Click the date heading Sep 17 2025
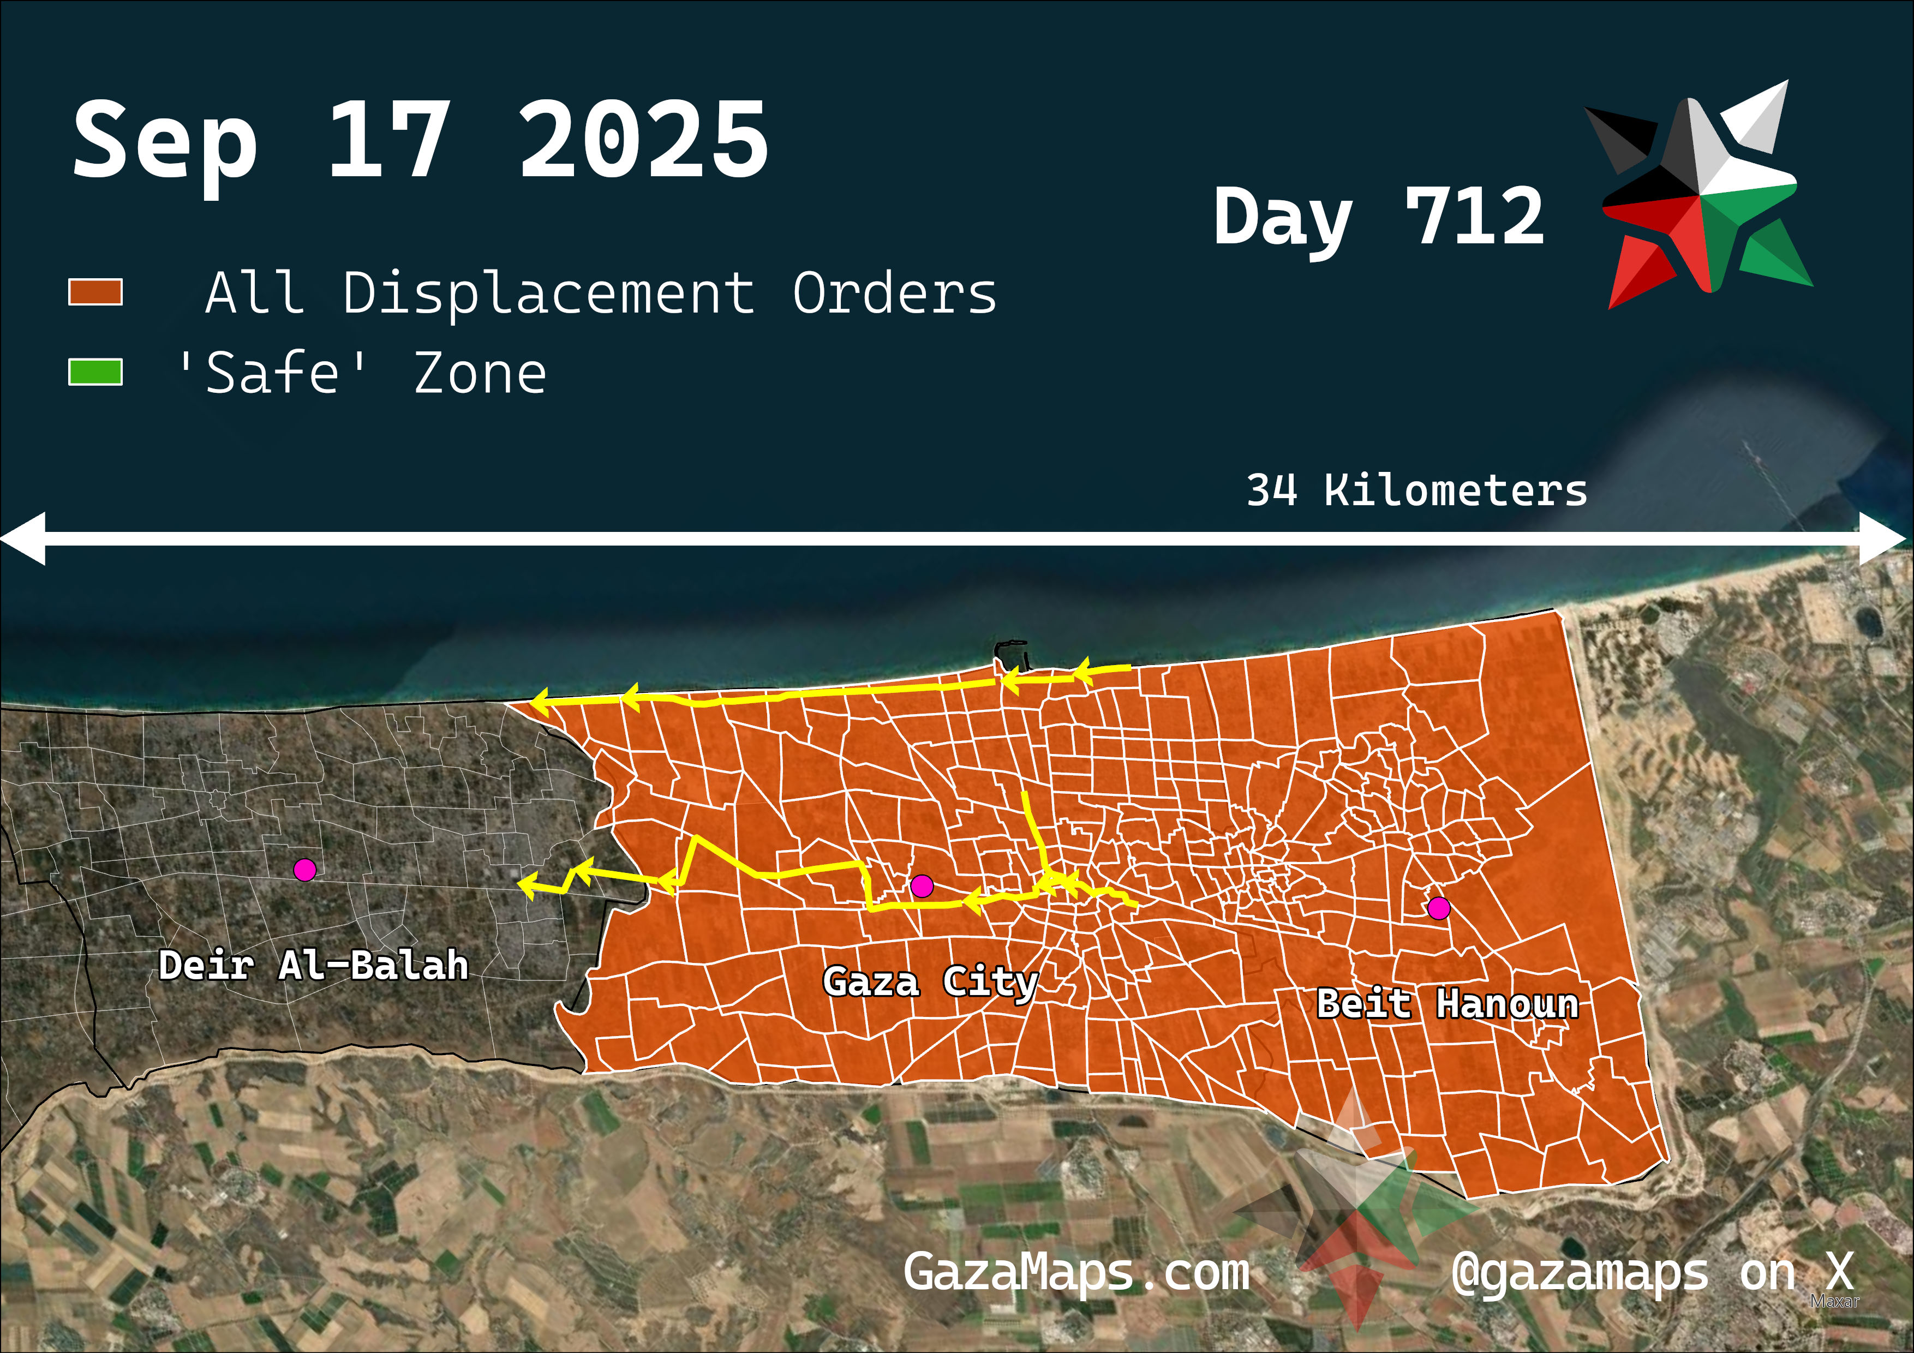(x=421, y=140)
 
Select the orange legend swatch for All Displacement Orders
(x=95, y=292)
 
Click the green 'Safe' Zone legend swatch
(x=95, y=372)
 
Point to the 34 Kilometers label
(x=1416, y=490)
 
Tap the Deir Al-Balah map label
(x=313, y=965)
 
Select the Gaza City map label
(x=930, y=982)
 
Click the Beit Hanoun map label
(x=1447, y=1004)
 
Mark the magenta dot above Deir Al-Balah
(x=305, y=870)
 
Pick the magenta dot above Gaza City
(x=921, y=886)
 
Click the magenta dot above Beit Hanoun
(x=1438, y=908)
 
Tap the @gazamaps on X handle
(x=1652, y=1273)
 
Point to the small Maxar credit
(x=1834, y=1301)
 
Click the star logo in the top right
(x=1701, y=196)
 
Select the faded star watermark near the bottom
(x=1355, y=1209)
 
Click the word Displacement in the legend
(x=548, y=294)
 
